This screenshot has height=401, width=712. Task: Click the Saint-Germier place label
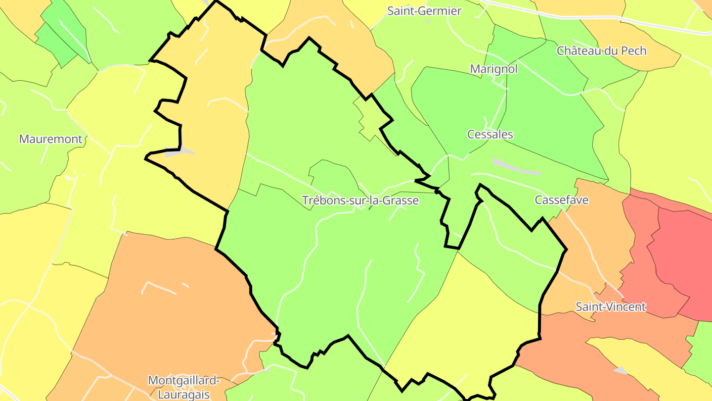point(424,11)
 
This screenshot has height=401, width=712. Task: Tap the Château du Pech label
point(601,50)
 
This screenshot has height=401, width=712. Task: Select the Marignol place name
point(493,69)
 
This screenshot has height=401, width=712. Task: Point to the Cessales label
point(490,134)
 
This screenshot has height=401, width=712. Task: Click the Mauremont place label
point(50,139)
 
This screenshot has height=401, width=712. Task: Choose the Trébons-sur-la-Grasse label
point(360,200)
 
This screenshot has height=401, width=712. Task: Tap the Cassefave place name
point(562,200)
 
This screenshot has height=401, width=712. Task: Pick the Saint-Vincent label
point(611,307)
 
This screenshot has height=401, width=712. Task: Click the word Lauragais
point(184,395)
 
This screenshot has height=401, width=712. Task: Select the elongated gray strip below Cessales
point(515,167)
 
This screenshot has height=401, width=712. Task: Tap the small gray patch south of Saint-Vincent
point(620,370)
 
